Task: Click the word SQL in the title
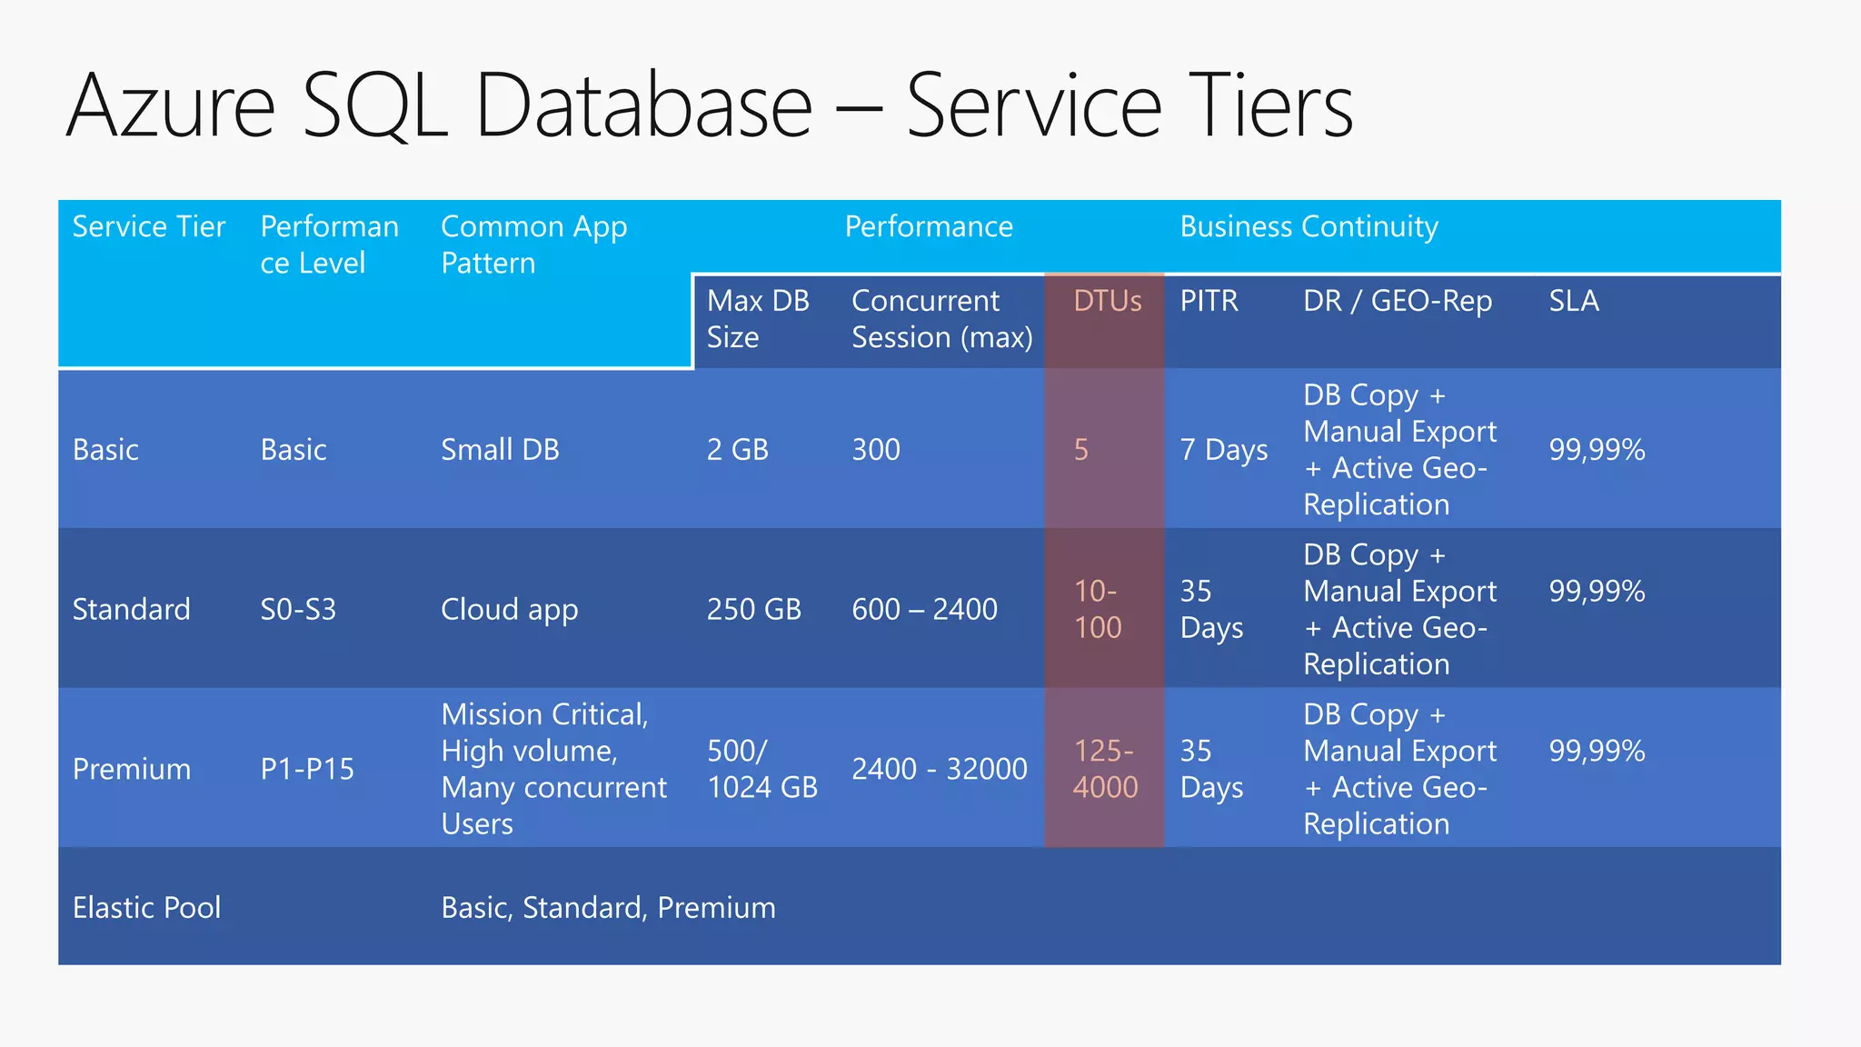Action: tap(374, 107)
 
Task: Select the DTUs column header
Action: tap(1107, 301)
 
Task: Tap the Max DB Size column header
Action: tap(758, 319)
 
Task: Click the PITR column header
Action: tap(1209, 301)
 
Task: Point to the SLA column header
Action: tap(1574, 301)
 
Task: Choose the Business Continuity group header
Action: tap(1309, 226)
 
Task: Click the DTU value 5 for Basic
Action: tap(1081, 450)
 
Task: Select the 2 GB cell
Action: tap(737, 450)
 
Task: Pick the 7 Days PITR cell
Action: tap(1223, 450)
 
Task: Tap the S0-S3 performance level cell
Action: tap(298, 609)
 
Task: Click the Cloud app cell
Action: tap(509, 610)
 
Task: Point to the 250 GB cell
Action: tap(753, 609)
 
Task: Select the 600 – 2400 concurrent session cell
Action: tap(924, 609)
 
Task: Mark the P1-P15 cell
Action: tap(307, 769)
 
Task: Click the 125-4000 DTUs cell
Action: tap(1105, 769)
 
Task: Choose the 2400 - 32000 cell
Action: tap(939, 769)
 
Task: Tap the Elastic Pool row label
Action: tap(146, 907)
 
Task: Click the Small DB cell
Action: tap(500, 450)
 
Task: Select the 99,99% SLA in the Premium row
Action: tap(1597, 751)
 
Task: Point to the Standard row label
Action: tap(131, 609)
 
